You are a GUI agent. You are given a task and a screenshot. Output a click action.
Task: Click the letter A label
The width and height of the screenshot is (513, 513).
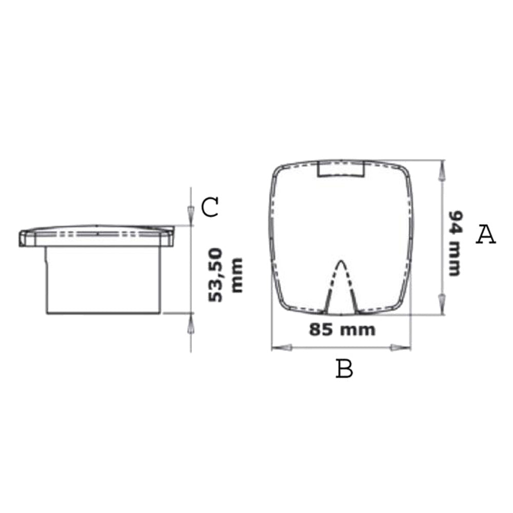tap(485, 234)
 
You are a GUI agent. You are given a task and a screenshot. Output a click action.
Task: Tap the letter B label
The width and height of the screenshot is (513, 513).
tap(344, 368)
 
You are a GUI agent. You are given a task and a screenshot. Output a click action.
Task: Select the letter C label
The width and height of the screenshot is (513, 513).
tap(210, 207)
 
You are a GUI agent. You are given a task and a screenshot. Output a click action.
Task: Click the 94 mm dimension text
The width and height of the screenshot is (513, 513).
tap(455, 243)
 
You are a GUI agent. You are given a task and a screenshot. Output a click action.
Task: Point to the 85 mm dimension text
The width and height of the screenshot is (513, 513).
tap(342, 329)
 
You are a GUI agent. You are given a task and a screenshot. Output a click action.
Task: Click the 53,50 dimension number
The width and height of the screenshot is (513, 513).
tap(215, 275)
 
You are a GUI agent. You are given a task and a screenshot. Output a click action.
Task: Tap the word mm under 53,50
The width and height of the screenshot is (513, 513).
tap(237, 275)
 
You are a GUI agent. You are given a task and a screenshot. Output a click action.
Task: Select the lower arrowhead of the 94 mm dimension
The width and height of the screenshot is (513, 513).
tap(442, 304)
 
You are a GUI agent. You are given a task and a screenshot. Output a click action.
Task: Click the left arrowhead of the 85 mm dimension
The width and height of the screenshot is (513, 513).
tap(282, 348)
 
